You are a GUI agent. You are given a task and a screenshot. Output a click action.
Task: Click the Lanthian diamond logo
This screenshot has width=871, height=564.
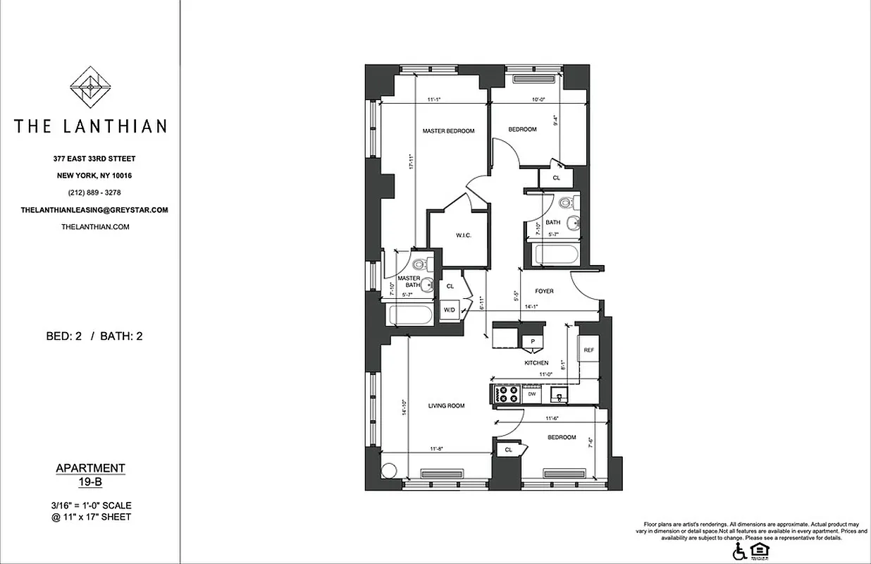[x=89, y=87]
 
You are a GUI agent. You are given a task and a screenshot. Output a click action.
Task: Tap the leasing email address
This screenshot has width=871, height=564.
[x=94, y=210]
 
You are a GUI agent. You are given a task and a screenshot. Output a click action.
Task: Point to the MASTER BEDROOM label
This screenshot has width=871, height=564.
[x=448, y=131]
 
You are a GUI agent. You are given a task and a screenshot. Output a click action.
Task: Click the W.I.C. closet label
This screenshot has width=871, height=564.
[x=463, y=235]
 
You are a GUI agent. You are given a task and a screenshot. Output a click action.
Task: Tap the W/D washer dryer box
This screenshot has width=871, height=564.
[x=448, y=310]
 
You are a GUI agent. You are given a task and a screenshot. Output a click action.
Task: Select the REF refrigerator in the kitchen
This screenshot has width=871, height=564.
[x=588, y=348]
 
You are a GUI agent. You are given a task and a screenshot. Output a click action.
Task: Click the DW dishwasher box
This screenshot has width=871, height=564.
[x=532, y=395]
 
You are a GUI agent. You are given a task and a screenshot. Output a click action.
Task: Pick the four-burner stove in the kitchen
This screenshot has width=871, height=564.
[x=508, y=393]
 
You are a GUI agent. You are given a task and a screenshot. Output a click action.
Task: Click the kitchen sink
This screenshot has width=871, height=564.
[x=557, y=395]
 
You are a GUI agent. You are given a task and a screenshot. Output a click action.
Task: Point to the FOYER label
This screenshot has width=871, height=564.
[x=544, y=291]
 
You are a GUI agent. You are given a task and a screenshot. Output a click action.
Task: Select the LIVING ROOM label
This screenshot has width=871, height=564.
[x=447, y=405]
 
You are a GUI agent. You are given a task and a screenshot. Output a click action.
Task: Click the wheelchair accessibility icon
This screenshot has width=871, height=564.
[x=739, y=550]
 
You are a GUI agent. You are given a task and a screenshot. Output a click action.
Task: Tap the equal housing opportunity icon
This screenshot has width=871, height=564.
[x=758, y=550]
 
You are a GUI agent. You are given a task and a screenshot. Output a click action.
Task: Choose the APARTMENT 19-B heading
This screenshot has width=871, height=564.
[x=90, y=474]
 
